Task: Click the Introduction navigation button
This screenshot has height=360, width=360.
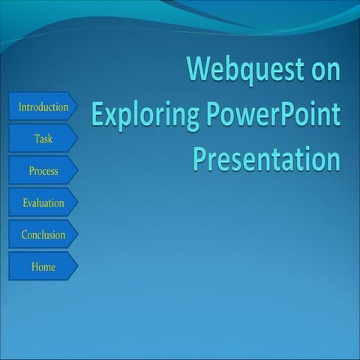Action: click(43, 107)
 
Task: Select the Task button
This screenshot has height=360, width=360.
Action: click(43, 139)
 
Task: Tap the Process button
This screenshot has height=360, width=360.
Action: click(43, 171)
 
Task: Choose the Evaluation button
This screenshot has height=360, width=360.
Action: click(43, 202)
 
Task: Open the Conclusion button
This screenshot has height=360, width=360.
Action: click(43, 235)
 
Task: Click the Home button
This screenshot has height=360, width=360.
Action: click(43, 266)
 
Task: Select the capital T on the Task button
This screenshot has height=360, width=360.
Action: click(37, 139)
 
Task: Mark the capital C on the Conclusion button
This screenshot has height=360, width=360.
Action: click(24, 235)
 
